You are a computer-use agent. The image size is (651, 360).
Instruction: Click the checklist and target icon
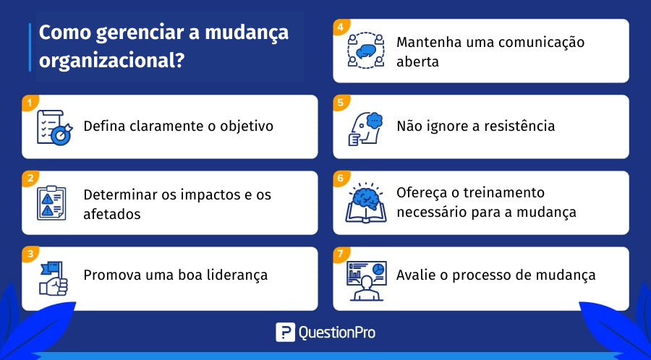point(54,127)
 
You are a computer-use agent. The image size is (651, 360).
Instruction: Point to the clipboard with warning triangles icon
point(51,203)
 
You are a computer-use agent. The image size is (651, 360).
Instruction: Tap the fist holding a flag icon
point(54,278)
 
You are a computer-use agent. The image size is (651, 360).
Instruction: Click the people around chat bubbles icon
point(365,51)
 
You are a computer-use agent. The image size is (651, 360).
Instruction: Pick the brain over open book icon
point(365,203)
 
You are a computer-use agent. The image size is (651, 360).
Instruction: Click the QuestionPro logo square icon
point(285,333)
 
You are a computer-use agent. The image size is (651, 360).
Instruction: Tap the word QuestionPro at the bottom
point(336,333)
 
